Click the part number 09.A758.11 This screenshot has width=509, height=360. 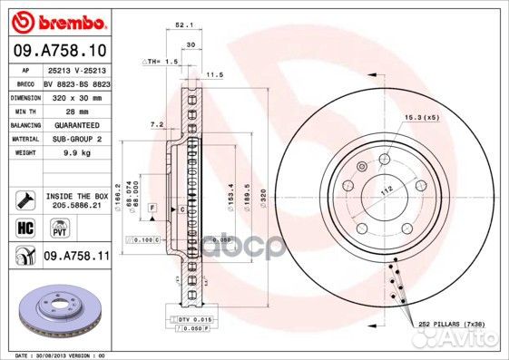(76, 258)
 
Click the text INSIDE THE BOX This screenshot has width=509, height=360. (76, 196)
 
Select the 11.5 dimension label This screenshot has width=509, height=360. (214, 74)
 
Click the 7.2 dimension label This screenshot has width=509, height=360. (155, 122)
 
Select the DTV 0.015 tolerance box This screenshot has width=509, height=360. (191, 320)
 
